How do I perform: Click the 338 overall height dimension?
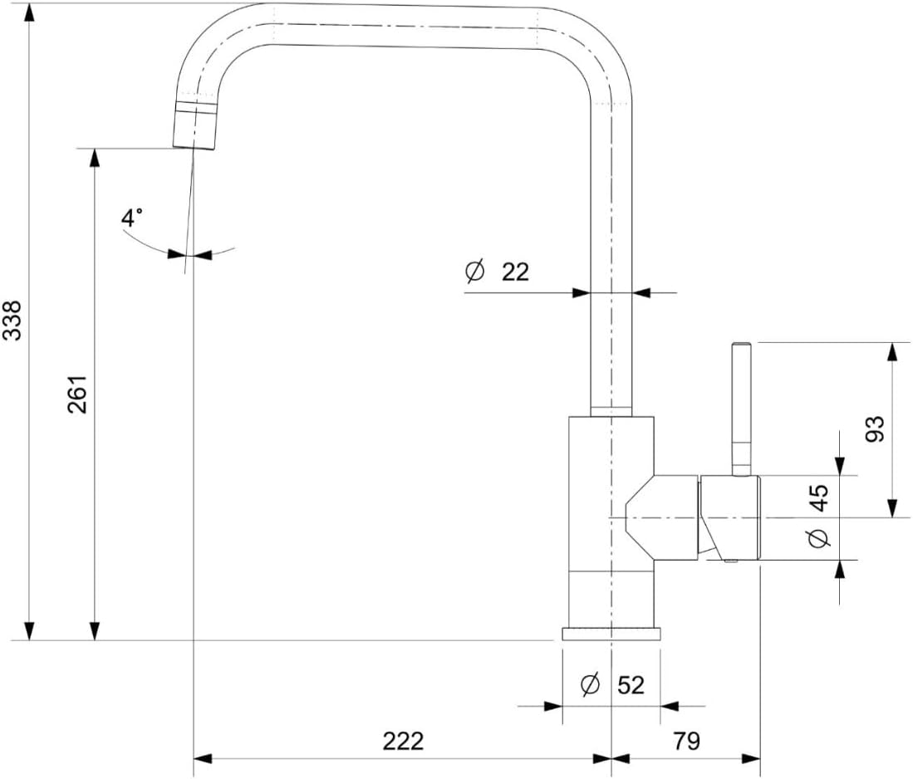[x=12, y=321]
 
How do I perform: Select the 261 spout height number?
[x=77, y=394]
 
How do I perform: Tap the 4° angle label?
[x=131, y=218]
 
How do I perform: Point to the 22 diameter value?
[x=515, y=272]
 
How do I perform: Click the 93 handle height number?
[x=875, y=429]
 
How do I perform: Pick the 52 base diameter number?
[x=631, y=685]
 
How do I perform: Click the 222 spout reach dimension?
[x=403, y=741]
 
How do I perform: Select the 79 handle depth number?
[x=686, y=741]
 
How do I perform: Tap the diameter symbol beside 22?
[x=475, y=272]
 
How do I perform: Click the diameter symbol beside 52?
[x=591, y=684]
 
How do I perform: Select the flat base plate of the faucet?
[x=611, y=634]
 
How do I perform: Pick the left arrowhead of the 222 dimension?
[x=202, y=758]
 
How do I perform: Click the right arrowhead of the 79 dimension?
[x=752, y=758]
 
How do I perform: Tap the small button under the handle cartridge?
[x=730, y=562]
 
